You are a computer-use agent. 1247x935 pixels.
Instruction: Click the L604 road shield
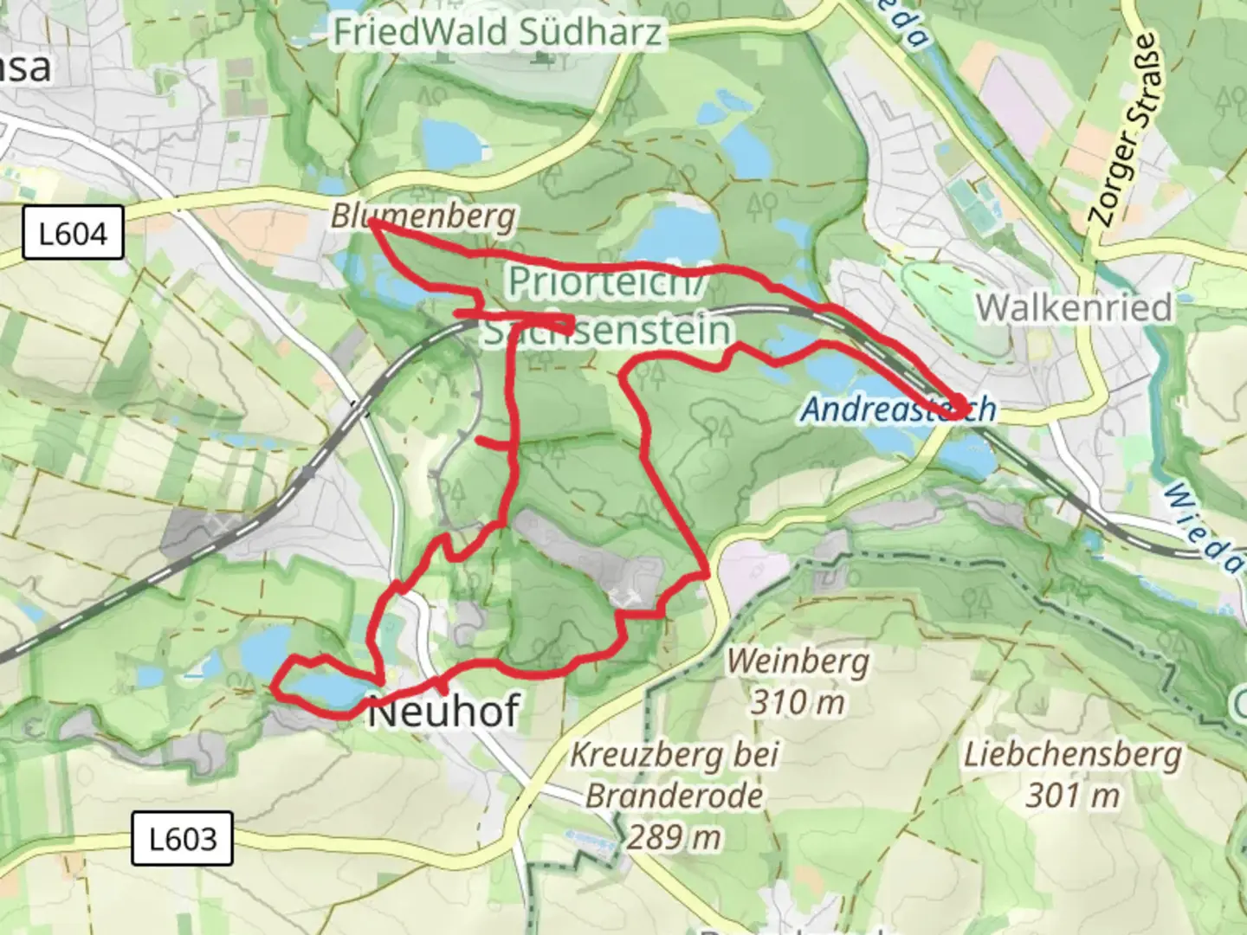click(73, 234)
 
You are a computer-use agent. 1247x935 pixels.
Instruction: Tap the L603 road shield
click(182, 838)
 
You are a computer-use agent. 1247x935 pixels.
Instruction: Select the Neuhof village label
click(443, 713)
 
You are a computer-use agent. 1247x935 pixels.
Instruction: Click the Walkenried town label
click(1074, 307)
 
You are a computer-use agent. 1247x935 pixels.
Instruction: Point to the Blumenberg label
click(423, 216)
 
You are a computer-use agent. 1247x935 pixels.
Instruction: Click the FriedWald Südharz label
click(498, 33)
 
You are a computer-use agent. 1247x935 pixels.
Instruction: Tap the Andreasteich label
click(898, 409)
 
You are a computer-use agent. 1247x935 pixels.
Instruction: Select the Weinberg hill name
click(798, 661)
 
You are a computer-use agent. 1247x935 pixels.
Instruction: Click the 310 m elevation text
click(798, 701)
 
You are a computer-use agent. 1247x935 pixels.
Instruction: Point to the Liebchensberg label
click(1073, 755)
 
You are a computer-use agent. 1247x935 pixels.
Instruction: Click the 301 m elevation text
click(1073, 795)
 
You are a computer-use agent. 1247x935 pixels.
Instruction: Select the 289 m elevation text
click(675, 837)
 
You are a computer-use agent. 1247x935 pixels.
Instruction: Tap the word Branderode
click(675, 796)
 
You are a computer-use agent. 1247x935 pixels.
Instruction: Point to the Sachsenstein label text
click(606, 331)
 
